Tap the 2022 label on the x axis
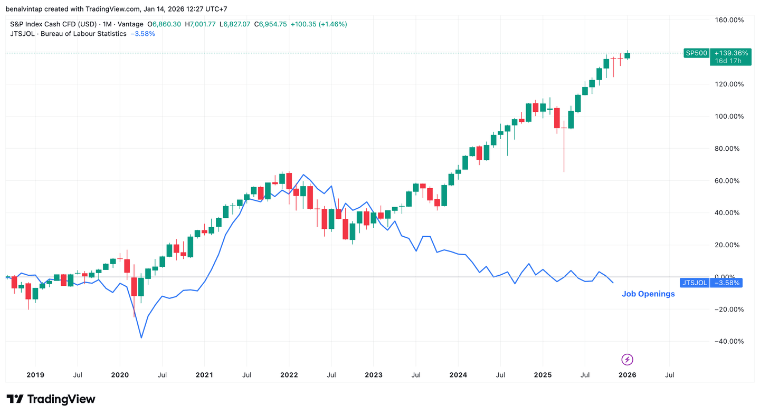click(x=289, y=375)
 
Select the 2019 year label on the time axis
click(x=35, y=375)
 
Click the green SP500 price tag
click(x=696, y=53)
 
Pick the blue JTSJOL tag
click(x=695, y=283)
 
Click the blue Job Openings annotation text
click(x=648, y=294)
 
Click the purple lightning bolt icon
click(x=627, y=360)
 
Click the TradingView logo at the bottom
click(x=51, y=399)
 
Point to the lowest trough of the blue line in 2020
click(x=141, y=337)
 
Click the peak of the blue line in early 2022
click(x=303, y=175)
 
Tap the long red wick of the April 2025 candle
click(x=564, y=153)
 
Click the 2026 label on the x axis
click(x=627, y=375)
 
